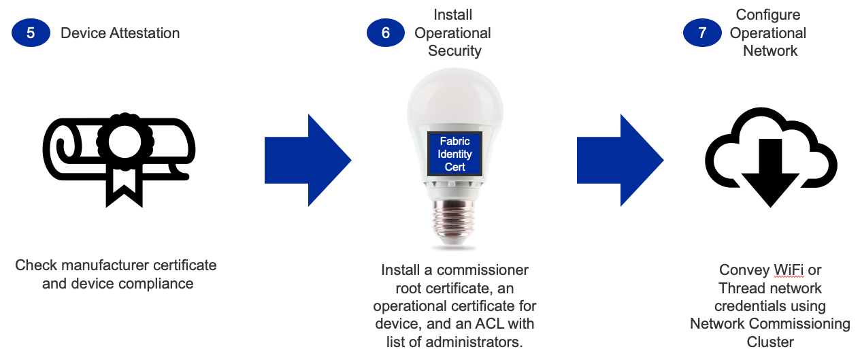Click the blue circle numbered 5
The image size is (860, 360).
(31, 33)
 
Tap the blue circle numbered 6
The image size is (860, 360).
(386, 33)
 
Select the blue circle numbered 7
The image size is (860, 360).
(702, 33)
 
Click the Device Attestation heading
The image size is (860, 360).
(120, 33)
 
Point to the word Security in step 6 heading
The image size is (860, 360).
(452, 50)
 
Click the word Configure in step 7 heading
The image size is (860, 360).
(767, 15)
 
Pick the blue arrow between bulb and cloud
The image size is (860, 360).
(620, 161)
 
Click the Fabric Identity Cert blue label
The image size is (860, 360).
(454, 154)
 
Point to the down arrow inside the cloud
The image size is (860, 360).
(770, 170)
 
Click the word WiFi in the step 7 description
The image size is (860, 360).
(789, 270)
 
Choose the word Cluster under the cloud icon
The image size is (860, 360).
(770, 342)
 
